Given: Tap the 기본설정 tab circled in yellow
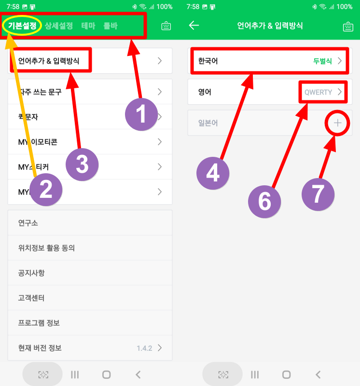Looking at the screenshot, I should tap(22, 26).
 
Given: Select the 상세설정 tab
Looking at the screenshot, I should tap(59, 26).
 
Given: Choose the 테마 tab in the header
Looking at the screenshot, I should tap(88, 26).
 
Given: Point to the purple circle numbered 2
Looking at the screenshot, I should tap(45, 190).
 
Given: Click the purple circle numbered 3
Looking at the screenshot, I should tap(82, 165).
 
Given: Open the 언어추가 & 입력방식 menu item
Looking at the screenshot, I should tap(49, 61).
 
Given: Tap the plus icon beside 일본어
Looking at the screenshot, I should tap(337, 123).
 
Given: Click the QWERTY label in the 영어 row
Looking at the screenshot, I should tap(318, 92).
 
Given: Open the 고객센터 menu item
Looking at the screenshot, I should tap(31, 298).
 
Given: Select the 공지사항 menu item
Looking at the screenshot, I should tap(31, 273).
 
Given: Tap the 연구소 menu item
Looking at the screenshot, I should tap(28, 223).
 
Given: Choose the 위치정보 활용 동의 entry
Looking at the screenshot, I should tap(46, 248).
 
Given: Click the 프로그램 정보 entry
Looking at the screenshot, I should tap(39, 323).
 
